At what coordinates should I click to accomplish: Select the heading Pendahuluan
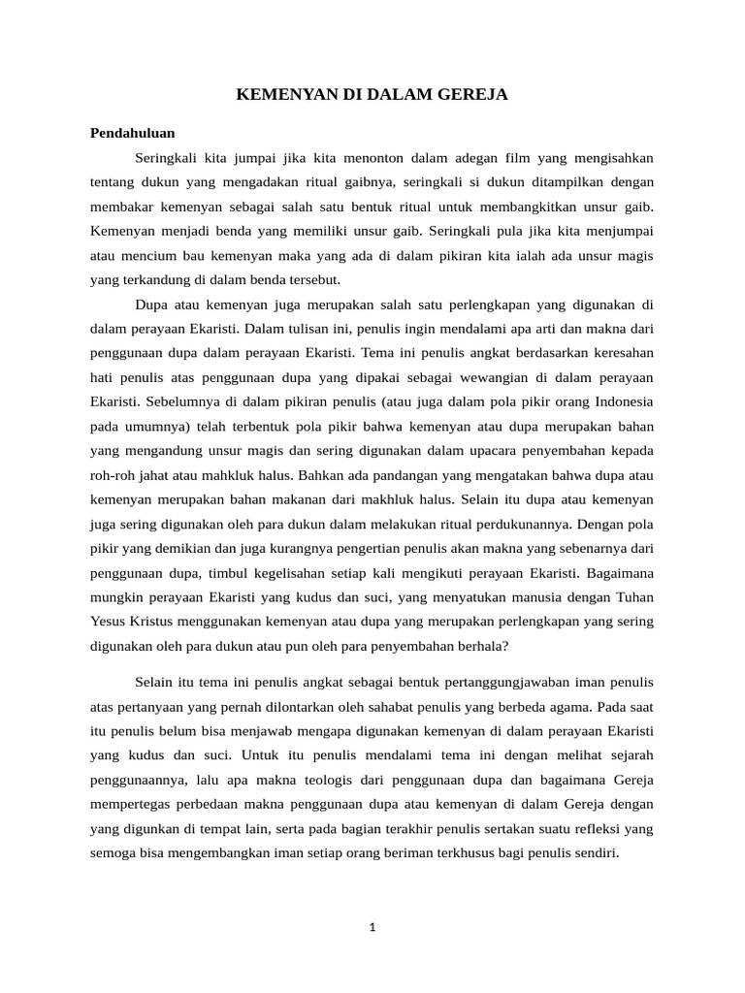[x=132, y=133]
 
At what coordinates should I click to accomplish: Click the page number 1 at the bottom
[x=372, y=927]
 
